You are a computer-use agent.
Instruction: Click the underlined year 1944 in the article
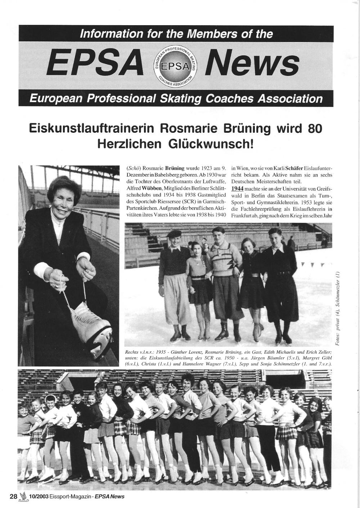[237, 189]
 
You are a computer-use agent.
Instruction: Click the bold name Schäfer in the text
[294, 168]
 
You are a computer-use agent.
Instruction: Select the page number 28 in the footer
[13, 496]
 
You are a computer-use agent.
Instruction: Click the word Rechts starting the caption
[132, 353]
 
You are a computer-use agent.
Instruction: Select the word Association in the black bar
[285, 99]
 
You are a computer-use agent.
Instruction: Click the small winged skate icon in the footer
[23, 496]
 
